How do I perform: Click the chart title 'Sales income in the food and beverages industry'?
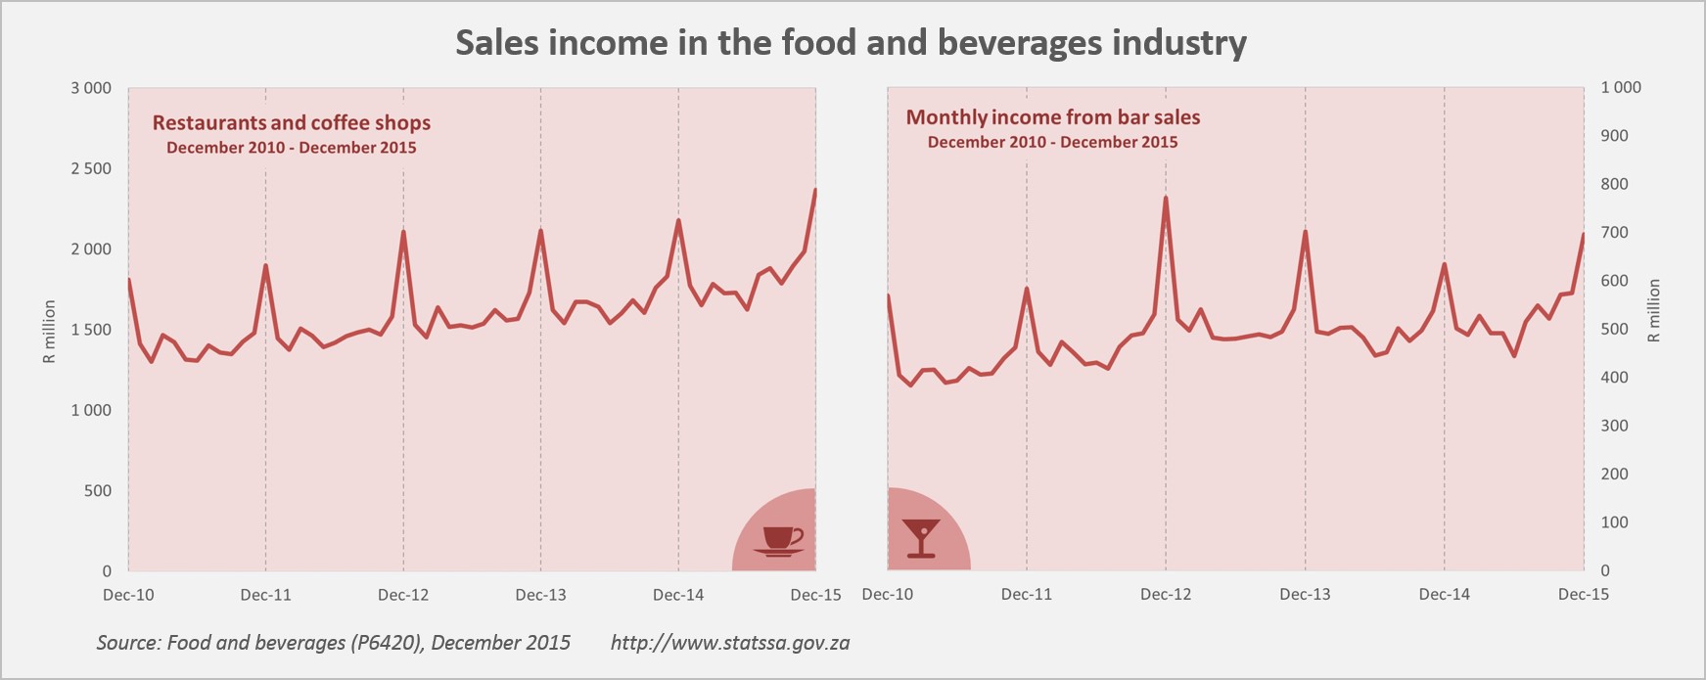851,43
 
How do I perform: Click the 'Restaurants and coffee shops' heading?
291,123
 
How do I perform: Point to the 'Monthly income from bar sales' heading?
1052,117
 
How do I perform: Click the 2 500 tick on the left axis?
91,168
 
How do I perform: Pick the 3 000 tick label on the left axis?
91,88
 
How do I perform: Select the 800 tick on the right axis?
1614,184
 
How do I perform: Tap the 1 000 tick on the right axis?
1620,88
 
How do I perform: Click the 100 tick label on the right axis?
1614,522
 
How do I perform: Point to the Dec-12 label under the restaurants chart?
403,595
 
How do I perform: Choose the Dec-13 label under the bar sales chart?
1305,594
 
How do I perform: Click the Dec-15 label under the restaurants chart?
815,595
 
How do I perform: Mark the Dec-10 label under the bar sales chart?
888,594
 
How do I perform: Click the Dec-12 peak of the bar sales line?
1166,198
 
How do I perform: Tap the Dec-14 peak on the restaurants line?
678,220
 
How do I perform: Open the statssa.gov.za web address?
729,643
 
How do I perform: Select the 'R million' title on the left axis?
49,332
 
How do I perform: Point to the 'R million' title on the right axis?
1654,310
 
